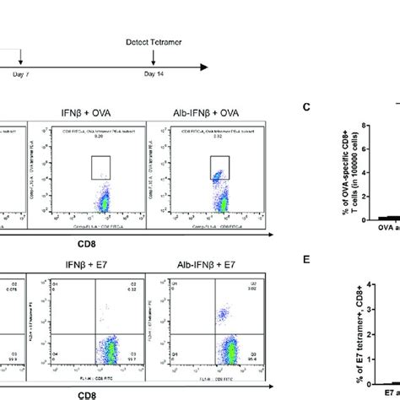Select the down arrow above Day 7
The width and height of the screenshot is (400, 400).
(21, 69)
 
